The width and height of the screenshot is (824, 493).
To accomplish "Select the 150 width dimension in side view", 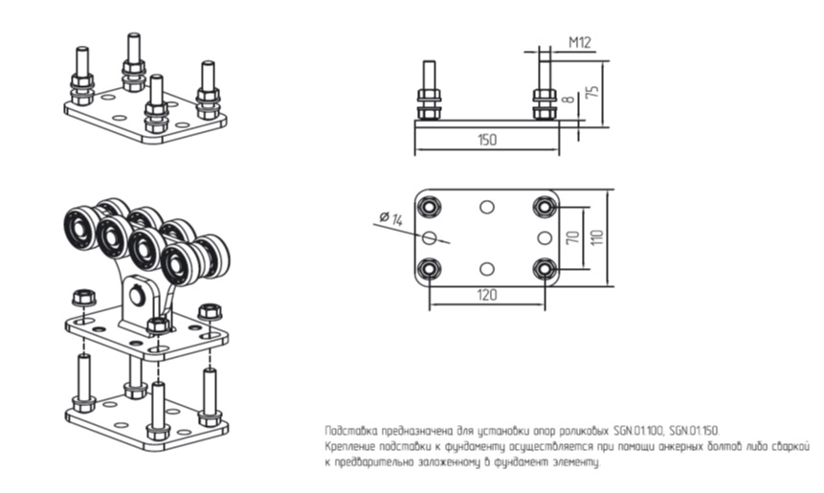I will [486, 140].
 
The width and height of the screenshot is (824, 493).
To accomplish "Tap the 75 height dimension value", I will [593, 93].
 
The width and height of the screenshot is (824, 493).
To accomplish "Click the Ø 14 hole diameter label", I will [390, 219].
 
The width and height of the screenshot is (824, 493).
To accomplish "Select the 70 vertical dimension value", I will [573, 237].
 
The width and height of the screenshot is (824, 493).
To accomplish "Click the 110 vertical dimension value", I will [597, 236].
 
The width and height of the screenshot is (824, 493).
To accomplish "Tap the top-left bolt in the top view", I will [430, 206].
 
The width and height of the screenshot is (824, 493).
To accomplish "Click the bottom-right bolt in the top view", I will [545, 268].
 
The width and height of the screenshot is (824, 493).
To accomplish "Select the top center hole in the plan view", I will [487, 207].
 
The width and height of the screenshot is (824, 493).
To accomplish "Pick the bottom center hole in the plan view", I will [487, 268].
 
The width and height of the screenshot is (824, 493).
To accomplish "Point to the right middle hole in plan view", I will [545, 237].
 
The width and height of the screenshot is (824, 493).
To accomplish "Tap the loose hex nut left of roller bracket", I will [82, 298].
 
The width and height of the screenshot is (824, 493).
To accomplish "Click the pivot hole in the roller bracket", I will [139, 295].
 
